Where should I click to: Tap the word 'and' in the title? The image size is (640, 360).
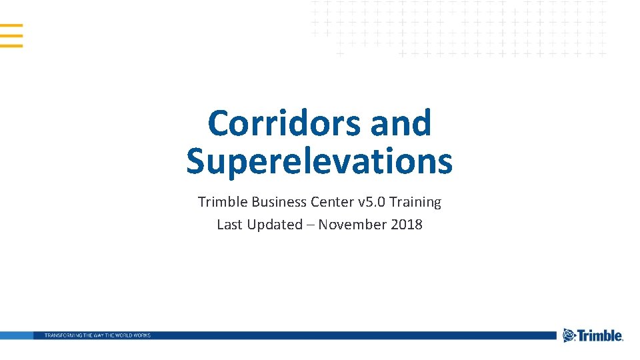coord(401,123)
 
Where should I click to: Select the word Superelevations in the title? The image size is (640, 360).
coord(319,161)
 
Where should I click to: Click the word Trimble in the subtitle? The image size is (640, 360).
coord(222,201)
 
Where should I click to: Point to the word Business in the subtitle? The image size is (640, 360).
coord(279,201)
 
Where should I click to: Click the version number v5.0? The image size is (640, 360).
coord(372,201)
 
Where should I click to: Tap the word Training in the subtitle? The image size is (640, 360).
coord(415,202)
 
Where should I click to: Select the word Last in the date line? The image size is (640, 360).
coord(230,225)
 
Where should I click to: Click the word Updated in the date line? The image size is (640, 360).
coord(275,225)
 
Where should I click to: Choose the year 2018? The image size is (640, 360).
coord(407,225)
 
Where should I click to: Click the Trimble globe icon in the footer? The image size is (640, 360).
coord(569,335)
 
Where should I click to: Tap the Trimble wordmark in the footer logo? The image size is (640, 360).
coord(600,336)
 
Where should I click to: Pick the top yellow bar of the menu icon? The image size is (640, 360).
coord(11,26)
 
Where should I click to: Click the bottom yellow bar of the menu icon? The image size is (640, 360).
coord(11,45)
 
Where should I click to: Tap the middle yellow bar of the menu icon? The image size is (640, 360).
coord(11,36)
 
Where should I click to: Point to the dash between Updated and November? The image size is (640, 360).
coord(310,225)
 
